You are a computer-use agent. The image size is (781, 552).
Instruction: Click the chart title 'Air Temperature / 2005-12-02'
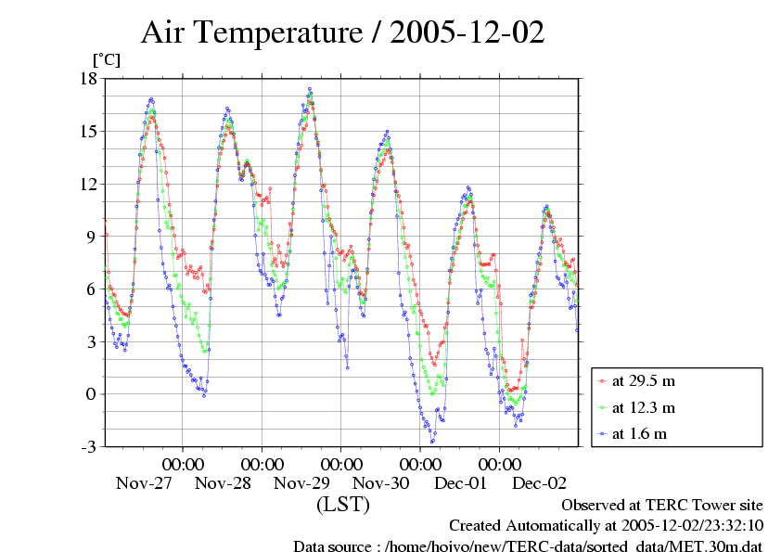pyautogui.click(x=342, y=33)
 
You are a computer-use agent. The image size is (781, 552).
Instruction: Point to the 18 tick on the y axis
pyautogui.click(x=88, y=79)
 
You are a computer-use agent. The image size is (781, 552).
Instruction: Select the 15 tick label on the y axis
pyautogui.click(x=88, y=132)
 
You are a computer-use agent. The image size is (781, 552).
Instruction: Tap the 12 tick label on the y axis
pyautogui.click(x=88, y=184)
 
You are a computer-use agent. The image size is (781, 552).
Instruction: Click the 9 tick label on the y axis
pyautogui.click(x=92, y=237)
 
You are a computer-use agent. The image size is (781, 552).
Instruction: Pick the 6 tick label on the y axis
pyautogui.click(x=92, y=289)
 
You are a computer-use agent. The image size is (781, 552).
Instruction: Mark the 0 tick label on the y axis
pyautogui.click(x=92, y=394)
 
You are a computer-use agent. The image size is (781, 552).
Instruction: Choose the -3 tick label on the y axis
pyautogui.click(x=88, y=447)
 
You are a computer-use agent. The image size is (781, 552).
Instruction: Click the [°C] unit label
pyautogui.click(x=106, y=59)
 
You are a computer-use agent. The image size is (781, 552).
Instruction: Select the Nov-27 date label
pyautogui.click(x=144, y=483)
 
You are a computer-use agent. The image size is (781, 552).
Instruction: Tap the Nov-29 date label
pyautogui.click(x=302, y=483)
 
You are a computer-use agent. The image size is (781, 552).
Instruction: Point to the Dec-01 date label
pyautogui.click(x=461, y=483)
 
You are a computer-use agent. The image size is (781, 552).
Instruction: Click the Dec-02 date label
pyautogui.click(x=540, y=483)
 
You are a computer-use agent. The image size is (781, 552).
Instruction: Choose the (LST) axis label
pyautogui.click(x=343, y=505)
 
